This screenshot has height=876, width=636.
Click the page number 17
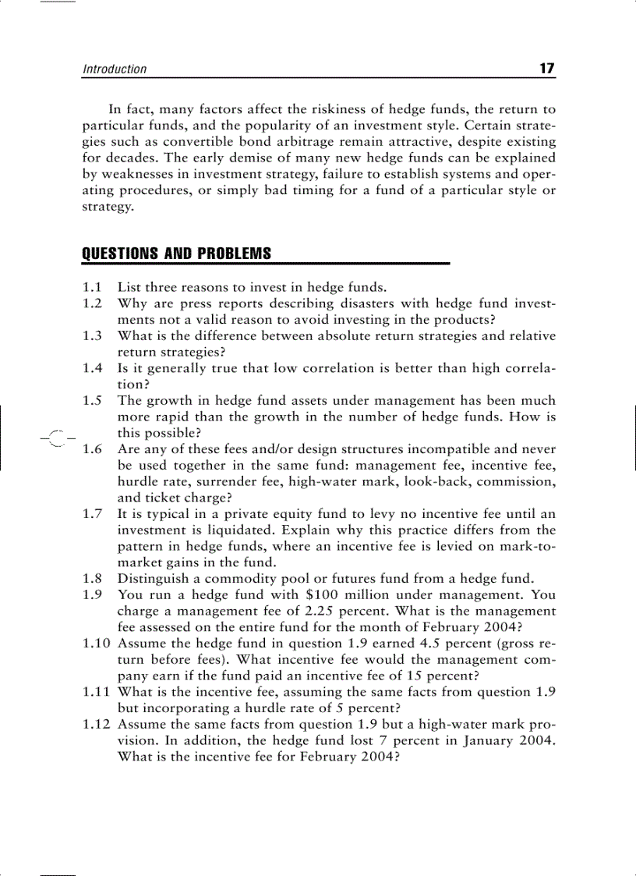[x=546, y=68]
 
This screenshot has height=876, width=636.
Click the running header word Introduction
[x=115, y=69]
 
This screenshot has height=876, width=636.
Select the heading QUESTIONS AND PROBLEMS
[x=176, y=254]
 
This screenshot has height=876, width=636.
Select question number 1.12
[x=97, y=725]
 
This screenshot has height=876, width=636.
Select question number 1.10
[x=97, y=644]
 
